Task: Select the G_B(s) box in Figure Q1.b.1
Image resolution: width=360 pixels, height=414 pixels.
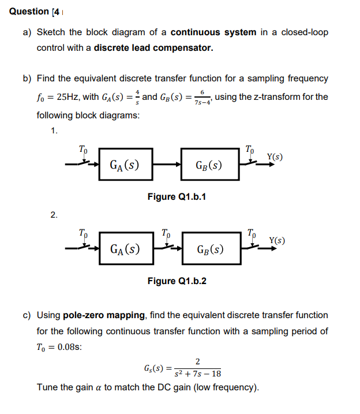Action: tap(209, 166)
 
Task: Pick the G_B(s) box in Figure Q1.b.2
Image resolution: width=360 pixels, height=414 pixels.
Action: tap(211, 250)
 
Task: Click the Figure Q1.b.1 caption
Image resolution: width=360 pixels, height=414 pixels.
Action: tap(177, 197)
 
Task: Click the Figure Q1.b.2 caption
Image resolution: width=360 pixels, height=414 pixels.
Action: tap(177, 281)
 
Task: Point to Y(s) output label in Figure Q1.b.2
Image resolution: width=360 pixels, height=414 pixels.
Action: tap(277, 240)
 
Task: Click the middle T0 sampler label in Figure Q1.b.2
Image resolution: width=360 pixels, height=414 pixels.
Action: tap(166, 234)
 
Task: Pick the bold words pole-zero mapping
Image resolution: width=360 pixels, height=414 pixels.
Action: tap(109, 315)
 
